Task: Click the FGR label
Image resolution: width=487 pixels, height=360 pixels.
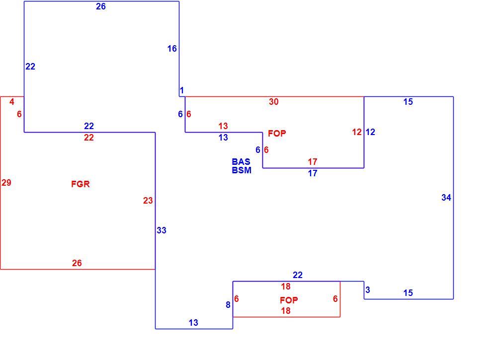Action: click(81, 184)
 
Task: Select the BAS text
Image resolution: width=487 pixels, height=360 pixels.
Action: click(241, 162)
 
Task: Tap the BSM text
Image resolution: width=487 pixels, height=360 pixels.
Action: click(242, 170)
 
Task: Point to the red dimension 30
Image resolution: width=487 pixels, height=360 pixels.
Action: click(274, 101)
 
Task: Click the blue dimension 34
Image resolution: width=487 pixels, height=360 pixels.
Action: click(446, 198)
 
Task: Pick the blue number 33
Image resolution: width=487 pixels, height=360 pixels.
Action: click(162, 230)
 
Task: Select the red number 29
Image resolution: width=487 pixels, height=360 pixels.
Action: click(6, 183)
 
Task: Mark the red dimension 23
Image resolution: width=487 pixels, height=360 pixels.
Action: click(148, 201)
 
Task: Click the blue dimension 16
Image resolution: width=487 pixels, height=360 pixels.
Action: click(172, 49)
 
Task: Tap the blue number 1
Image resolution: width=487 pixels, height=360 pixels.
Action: click(182, 90)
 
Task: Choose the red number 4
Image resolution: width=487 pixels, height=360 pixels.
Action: click(12, 101)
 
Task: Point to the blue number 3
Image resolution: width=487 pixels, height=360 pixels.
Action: click(368, 290)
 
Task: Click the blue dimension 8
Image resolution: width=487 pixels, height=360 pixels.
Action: click(228, 305)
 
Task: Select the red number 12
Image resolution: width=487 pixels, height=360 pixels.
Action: click(357, 132)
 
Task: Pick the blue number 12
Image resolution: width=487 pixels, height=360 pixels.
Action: click(370, 132)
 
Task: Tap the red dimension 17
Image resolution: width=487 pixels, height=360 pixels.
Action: click(313, 162)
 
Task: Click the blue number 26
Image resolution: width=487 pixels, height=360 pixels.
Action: click(100, 6)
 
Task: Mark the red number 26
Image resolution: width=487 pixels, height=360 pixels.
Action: click(77, 263)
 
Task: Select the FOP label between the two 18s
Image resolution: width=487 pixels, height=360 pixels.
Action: click(289, 300)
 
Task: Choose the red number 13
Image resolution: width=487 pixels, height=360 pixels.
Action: click(223, 126)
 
